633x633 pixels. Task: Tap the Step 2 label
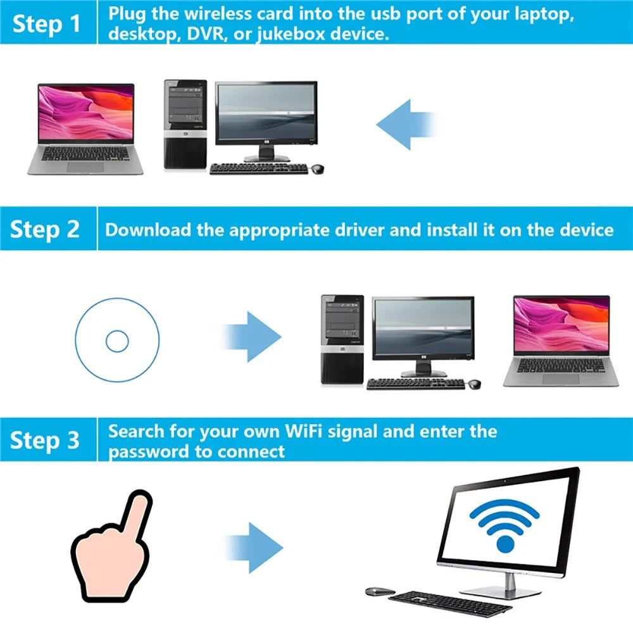[45, 229]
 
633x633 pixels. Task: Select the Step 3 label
[45, 440]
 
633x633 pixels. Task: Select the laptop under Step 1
[86, 129]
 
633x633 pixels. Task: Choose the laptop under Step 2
[561, 342]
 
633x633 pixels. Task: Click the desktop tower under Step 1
[185, 125]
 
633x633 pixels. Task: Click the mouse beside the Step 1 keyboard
[317, 168]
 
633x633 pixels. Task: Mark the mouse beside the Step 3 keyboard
[379, 591]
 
